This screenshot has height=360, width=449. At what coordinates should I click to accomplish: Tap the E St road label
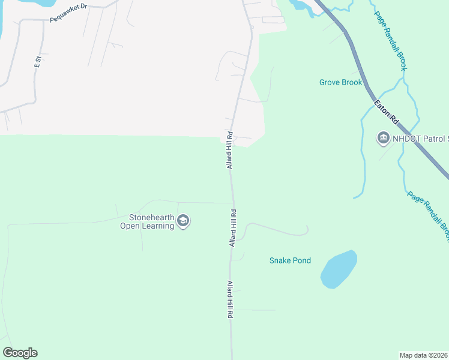(37, 61)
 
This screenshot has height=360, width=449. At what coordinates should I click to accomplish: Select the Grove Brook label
(340, 82)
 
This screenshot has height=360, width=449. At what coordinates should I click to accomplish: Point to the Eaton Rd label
(387, 112)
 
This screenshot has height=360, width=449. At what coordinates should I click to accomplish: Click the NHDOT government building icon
(382, 139)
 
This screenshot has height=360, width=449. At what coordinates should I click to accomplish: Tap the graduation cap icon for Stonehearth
(183, 222)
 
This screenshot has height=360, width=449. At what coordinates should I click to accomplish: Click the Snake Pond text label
(290, 260)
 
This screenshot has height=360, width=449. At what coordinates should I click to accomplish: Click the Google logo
(20, 353)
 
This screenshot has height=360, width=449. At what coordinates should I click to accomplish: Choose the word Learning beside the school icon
(157, 226)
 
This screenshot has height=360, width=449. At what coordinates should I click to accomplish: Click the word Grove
(330, 82)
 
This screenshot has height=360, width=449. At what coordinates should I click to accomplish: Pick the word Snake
(280, 260)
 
